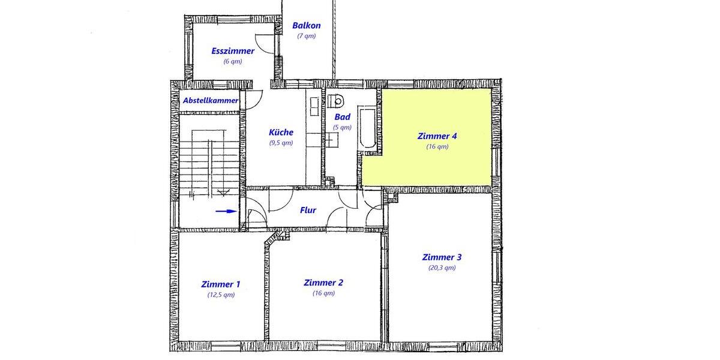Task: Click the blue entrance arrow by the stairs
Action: pos(226,211)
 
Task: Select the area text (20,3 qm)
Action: pos(442,268)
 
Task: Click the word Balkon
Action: pos(306,26)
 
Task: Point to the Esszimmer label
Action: pos(233,51)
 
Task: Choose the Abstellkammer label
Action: pos(211,100)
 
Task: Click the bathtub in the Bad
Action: pos(366,127)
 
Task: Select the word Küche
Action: pos(281,132)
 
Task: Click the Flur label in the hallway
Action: pos(308,210)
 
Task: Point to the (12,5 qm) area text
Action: pos(221,295)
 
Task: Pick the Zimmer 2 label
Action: pos(323,283)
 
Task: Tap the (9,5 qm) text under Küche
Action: pos(281,143)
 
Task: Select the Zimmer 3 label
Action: pos(442,257)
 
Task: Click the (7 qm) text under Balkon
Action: pos(306,36)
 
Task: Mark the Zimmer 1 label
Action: pos(221,284)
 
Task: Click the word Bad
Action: pos(342,117)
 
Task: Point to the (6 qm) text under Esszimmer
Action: pos(233,61)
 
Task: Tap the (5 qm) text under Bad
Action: pos(342,127)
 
